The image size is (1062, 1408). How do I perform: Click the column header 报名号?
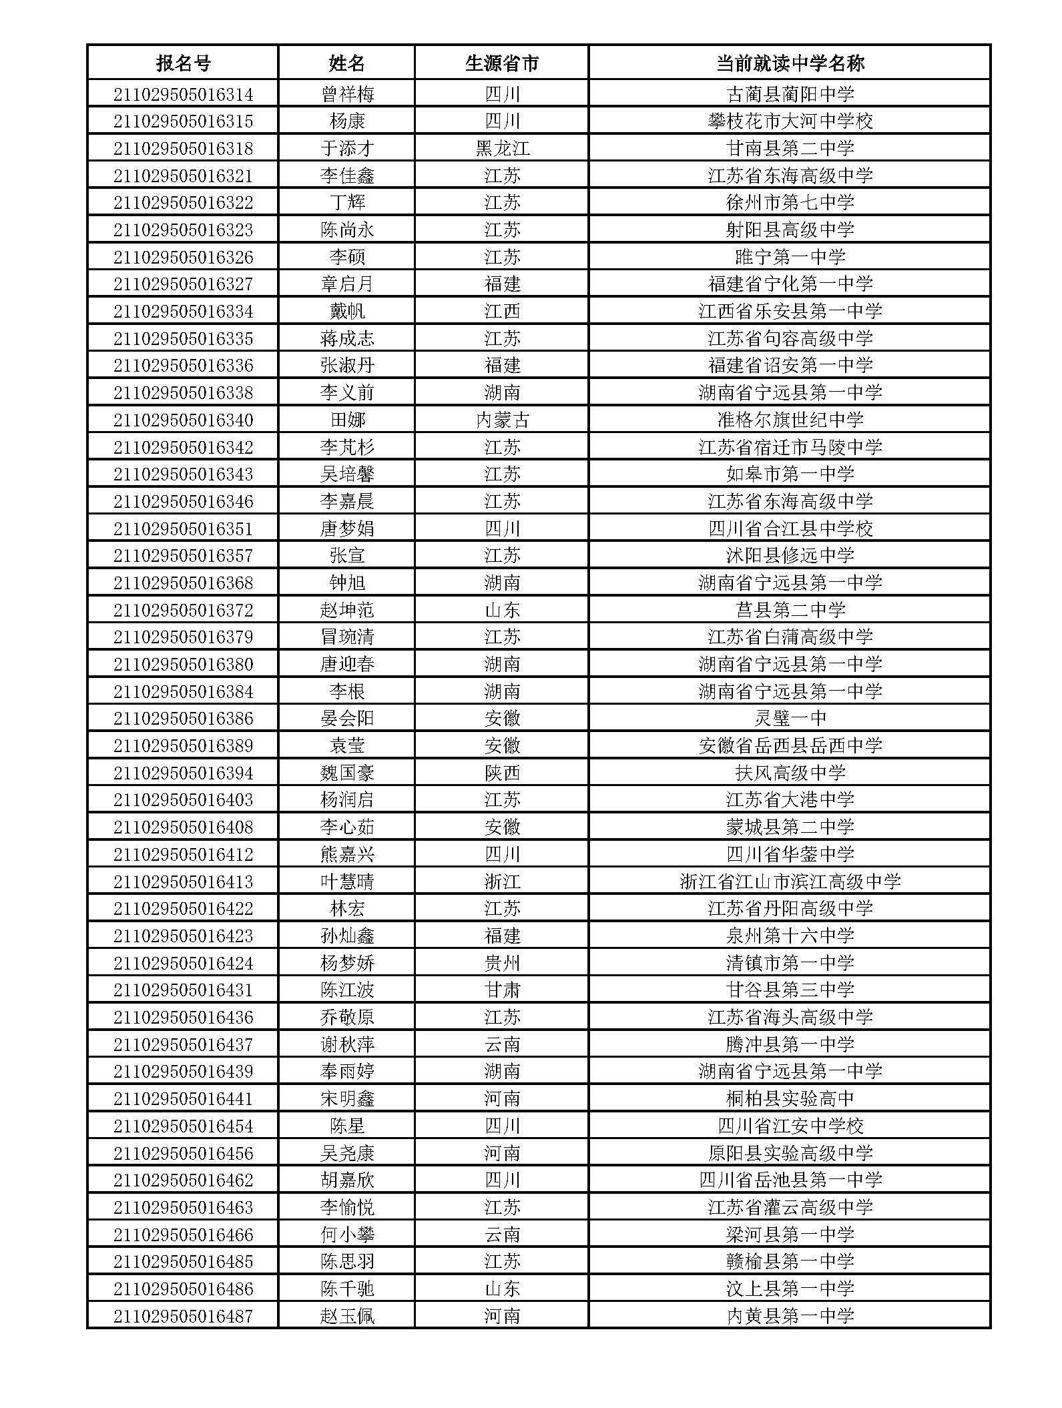(x=183, y=63)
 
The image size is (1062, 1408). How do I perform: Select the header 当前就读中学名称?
(x=790, y=63)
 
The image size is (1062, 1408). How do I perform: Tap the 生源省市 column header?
(x=502, y=63)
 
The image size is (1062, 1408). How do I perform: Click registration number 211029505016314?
(x=183, y=94)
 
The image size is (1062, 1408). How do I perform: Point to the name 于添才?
(x=346, y=148)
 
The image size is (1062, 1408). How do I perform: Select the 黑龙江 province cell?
(x=502, y=148)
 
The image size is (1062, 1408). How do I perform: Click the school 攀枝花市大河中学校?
(x=790, y=121)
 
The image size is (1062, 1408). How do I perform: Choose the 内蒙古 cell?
(x=502, y=420)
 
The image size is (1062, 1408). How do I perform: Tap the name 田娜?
(x=346, y=420)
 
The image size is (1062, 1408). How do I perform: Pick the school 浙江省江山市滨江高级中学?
(x=790, y=882)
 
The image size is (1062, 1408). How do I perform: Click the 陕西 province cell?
(x=502, y=773)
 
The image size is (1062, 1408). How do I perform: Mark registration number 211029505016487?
(x=183, y=1316)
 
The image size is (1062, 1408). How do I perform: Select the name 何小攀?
(x=346, y=1235)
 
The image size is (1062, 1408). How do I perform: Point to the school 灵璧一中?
(x=790, y=718)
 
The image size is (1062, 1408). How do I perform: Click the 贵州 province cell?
(x=502, y=963)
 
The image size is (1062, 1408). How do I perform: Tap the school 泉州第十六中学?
(x=790, y=936)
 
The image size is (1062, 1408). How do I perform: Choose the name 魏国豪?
(x=346, y=773)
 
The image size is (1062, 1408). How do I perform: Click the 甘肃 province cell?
(x=502, y=990)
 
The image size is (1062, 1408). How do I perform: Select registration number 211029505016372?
(x=183, y=610)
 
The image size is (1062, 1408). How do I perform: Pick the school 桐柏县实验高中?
(x=790, y=1098)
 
